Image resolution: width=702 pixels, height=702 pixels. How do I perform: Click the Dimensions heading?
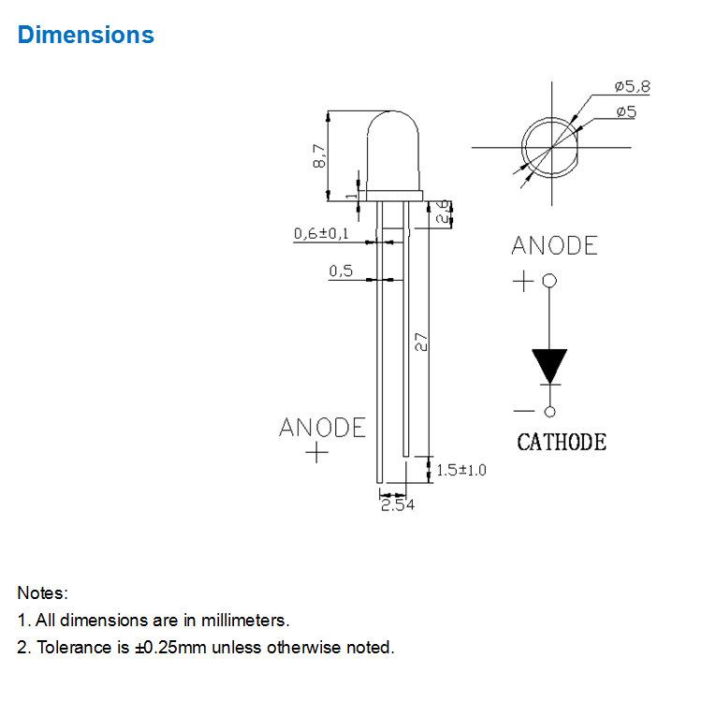[85, 35]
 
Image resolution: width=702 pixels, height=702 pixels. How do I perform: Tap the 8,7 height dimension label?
[319, 155]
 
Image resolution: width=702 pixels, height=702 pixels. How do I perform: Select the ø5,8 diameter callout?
[632, 86]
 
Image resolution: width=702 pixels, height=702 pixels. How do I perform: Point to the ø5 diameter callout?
[626, 111]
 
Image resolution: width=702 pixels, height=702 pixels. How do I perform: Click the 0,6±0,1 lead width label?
[321, 233]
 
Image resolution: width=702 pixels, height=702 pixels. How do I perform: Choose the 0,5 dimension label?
[341, 271]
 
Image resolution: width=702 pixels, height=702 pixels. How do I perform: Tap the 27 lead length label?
[421, 342]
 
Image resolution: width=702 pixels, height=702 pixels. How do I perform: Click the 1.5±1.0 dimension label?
[461, 470]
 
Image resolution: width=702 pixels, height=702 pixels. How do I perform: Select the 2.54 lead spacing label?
[398, 505]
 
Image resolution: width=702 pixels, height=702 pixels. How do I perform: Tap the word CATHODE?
[562, 443]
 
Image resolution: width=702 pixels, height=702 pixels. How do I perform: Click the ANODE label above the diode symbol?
[554, 245]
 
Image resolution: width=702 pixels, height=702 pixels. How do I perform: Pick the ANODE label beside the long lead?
[322, 428]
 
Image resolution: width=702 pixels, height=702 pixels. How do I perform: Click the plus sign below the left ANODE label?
[317, 452]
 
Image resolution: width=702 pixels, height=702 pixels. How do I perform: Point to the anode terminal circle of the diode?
[549, 281]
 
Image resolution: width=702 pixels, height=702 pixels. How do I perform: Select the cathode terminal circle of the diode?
[550, 412]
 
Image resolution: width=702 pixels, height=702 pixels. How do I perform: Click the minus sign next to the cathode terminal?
[524, 411]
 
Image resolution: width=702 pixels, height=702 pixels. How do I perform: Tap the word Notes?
[42, 592]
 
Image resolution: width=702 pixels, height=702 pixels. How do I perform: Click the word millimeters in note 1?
[245, 620]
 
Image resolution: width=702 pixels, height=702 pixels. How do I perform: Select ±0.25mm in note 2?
[170, 648]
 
